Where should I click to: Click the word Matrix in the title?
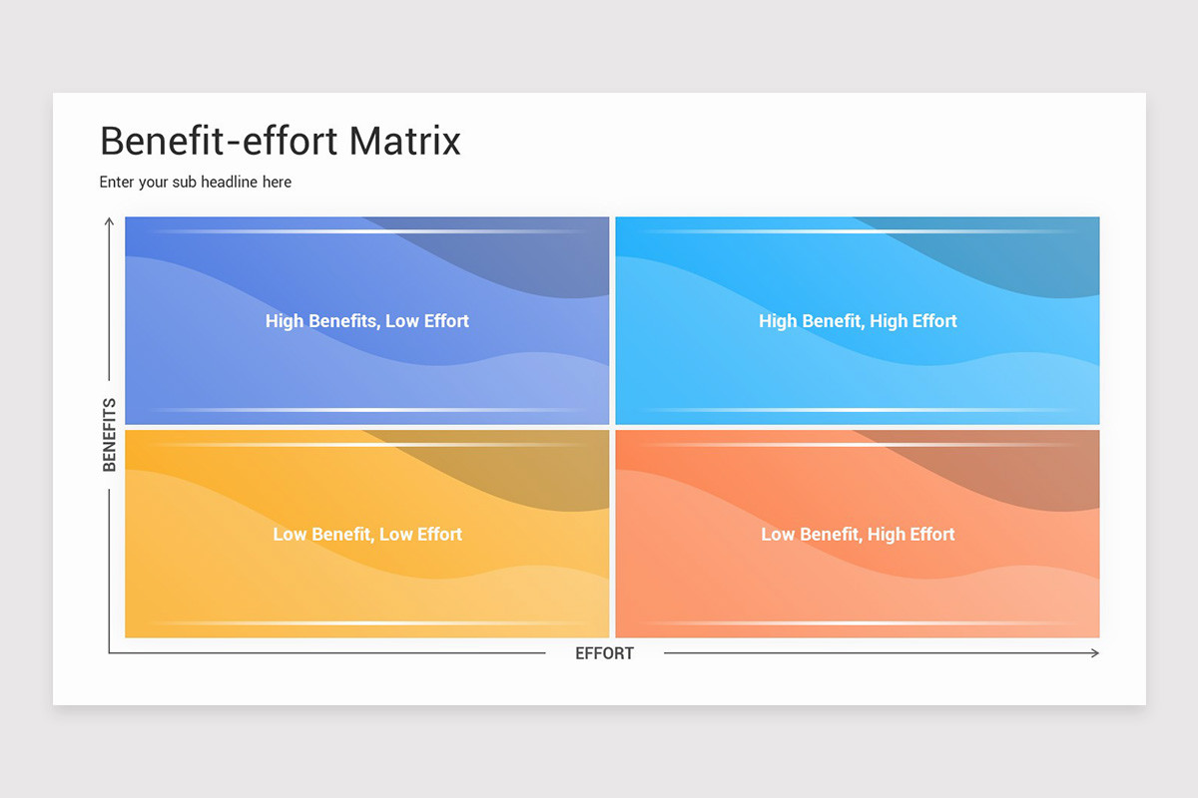(404, 141)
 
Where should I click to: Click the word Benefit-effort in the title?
(219, 141)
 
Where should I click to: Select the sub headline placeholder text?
(196, 182)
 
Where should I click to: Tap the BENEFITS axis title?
(110, 435)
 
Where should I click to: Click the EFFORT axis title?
(604, 653)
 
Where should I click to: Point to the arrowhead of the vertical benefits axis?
(110, 221)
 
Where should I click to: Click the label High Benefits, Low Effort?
(366, 321)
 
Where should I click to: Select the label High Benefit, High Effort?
(858, 321)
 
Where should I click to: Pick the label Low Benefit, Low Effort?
(366, 535)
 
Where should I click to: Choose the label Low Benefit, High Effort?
(858, 535)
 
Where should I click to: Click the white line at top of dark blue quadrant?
(366, 231)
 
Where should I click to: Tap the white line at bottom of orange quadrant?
(858, 623)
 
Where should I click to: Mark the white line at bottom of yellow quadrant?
(366, 623)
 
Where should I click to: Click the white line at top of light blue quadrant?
(858, 231)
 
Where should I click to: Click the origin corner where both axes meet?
(110, 653)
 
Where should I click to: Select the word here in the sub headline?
(277, 182)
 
